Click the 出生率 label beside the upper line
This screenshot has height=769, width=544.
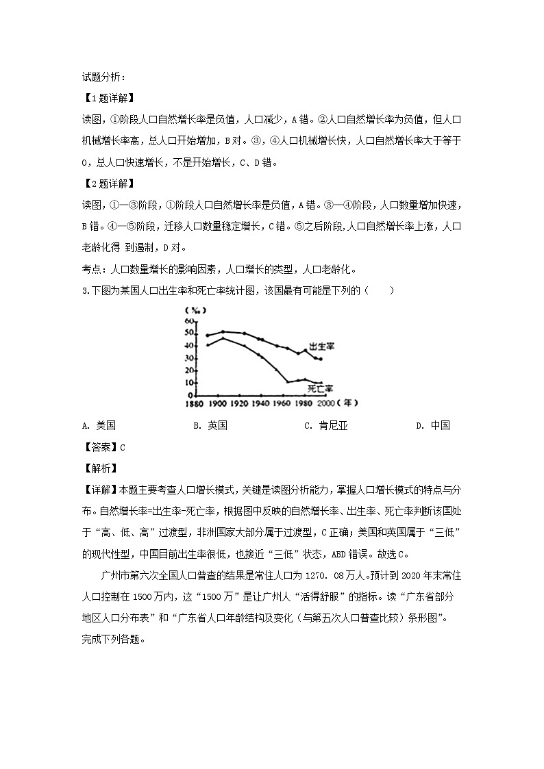click(x=321, y=346)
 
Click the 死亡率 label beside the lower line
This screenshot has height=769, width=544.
click(x=320, y=388)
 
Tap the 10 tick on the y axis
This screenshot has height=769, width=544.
click(x=188, y=383)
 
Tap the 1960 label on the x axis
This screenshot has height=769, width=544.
click(x=282, y=404)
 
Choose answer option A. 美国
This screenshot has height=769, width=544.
click(x=98, y=425)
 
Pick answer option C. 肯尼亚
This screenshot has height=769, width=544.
click(x=326, y=425)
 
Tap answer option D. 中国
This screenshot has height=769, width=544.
click(x=432, y=425)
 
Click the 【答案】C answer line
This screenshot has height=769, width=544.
click(x=103, y=447)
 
